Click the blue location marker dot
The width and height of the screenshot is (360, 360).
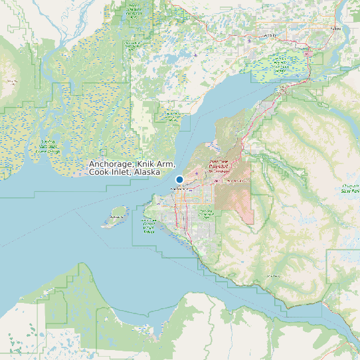click(x=179, y=179)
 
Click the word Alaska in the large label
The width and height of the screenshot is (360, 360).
click(x=146, y=172)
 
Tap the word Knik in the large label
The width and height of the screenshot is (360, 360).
click(x=146, y=163)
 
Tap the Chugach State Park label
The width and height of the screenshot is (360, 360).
click(x=351, y=188)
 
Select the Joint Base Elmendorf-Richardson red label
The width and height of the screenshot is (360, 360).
click(x=219, y=166)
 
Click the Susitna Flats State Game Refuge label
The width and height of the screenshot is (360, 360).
click(x=47, y=146)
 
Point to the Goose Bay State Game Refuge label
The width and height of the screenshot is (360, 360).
click(x=172, y=116)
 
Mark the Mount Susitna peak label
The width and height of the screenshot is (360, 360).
click(x=11, y=82)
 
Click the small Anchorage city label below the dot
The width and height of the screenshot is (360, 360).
click(x=180, y=189)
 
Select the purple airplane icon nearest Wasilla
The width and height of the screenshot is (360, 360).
click(x=249, y=39)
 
